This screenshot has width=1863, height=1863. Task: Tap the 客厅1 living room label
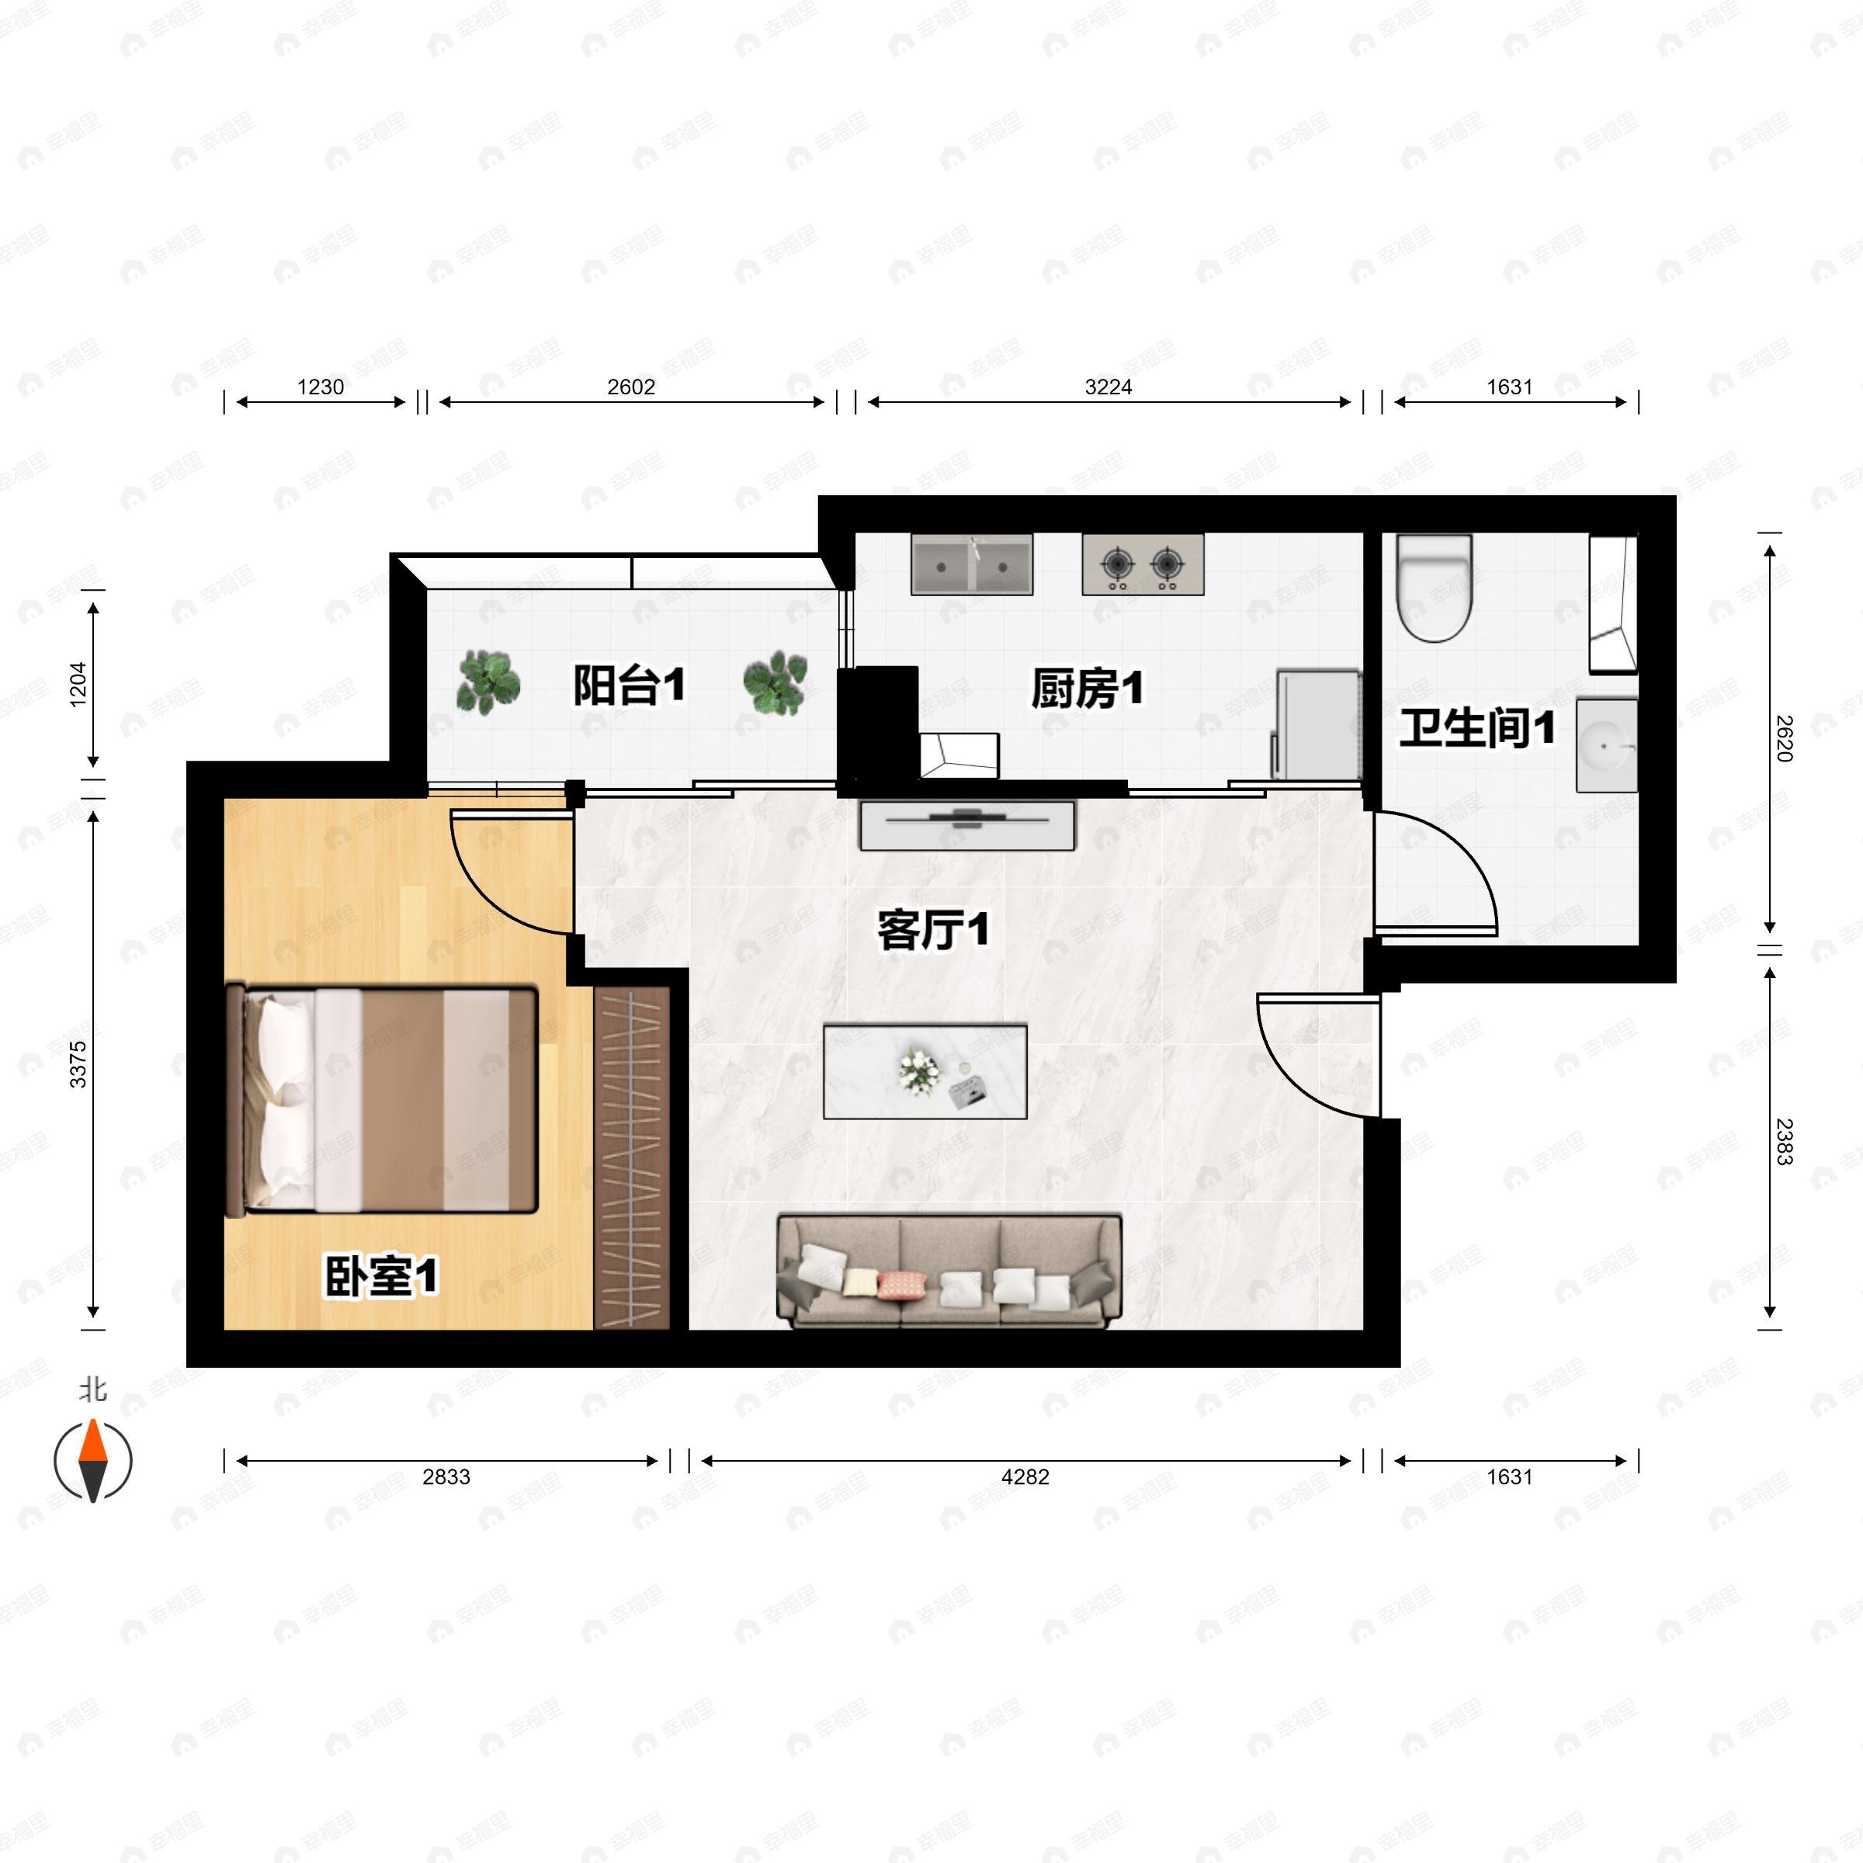pyautogui.click(x=932, y=931)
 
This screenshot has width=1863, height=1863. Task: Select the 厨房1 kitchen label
pyautogui.click(x=1087, y=689)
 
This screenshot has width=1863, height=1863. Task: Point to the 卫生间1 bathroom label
pyautogui.click(x=1476, y=728)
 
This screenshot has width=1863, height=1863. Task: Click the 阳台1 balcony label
pyautogui.click(x=629, y=685)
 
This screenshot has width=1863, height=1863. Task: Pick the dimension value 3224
pyautogui.click(x=1108, y=387)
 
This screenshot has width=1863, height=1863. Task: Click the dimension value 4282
pyautogui.click(x=1025, y=1476)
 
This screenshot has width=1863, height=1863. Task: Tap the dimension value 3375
pyautogui.click(x=78, y=1064)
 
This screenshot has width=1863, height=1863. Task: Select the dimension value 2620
pyautogui.click(x=1784, y=739)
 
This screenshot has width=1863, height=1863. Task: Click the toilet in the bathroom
pyautogui.click(x=1435, y=588)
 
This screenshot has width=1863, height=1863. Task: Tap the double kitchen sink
pyautogui.click(x=972, y=564)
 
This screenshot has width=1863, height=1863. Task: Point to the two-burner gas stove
pyautogui.click(x=1143, y=564)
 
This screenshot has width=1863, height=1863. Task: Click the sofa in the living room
pyautogui.click(x=949, y=1271)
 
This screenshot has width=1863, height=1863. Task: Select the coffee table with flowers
pyautogui.click(x=925, y=1071)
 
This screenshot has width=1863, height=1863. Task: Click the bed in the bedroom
pyautogui.click(x=381, y=1099)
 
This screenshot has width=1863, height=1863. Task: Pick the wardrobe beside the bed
pyautogui.click(x=632, y=1157)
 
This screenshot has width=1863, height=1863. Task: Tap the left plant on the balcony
pyautogui.click(x=489, y=682)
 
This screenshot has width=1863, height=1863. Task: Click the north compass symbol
pyautogui.click(x=92, y=1459)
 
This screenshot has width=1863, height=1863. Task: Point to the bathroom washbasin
pyautogui.click(x=1607, y=745)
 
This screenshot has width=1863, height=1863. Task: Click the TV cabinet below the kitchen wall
pyautogui.click(x=967, y=825)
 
